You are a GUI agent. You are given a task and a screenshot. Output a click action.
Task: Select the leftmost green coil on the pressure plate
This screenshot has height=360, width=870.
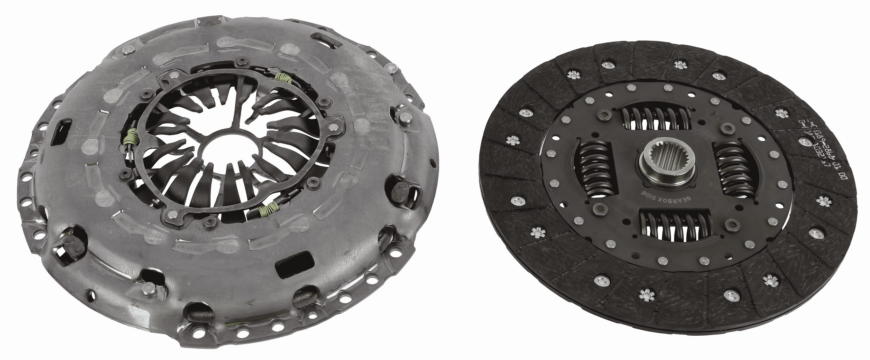[x=130, y=137]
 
